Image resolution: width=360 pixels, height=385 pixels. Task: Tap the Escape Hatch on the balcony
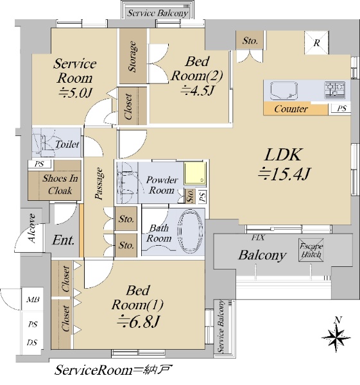click(311, 250)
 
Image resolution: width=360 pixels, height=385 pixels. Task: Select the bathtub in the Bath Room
click(191, 231)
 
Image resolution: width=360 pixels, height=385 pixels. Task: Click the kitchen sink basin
click(284, 90)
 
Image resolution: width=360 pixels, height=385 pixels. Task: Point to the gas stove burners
click(335, 90)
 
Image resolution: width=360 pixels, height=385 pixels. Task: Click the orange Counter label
click(291, 109)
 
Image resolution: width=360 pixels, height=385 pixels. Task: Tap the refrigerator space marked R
click(316, 42)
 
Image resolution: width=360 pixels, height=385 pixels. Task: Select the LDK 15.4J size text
click(284, 174)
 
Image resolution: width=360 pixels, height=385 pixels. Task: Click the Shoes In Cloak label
click(60, 184)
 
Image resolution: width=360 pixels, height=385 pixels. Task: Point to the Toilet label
click(67, 144)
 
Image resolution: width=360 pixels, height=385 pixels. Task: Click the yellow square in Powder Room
click(195, 173)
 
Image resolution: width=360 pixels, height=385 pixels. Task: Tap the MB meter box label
click(33, 300)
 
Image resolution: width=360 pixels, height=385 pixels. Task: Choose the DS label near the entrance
click(32, 342)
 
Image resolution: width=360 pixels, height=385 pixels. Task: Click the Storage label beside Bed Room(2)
click(132, 56)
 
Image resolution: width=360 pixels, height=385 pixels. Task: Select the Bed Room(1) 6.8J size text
click(139, 322)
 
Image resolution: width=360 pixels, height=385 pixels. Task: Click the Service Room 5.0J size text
click(75, 93)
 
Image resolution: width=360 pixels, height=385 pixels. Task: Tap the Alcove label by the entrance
click(32, 228)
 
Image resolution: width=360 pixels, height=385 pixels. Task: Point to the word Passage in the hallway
click(99, 184)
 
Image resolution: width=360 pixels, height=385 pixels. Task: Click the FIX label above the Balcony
click(258, 237)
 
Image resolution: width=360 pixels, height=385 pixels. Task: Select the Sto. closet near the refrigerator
click(250, 40)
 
